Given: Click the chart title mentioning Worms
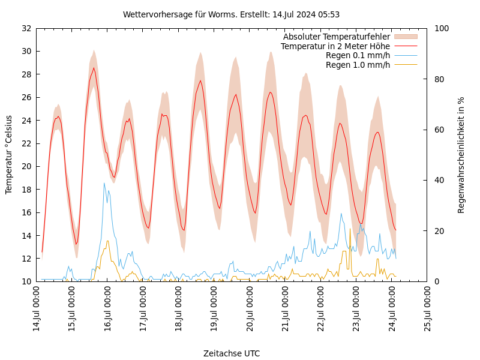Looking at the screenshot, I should coord(231,14).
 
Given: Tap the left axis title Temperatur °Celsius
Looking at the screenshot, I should coord(9,155).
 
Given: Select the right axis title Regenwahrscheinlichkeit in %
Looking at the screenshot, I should coord(461,155).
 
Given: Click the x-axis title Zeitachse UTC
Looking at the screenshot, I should coord(232,353).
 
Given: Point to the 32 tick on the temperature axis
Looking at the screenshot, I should coord(26,28).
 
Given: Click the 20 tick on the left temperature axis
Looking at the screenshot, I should coord(26,166).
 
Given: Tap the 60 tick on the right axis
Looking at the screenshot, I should coord(439,130).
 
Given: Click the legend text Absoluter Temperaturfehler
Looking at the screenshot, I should coord(337,37).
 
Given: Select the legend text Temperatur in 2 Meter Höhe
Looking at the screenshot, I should coord(335,46).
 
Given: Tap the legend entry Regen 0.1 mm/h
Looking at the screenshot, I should coord(358,55).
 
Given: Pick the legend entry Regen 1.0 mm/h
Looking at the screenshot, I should coord(358,64).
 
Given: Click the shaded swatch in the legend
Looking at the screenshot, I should coord(405,37).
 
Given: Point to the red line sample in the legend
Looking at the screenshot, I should coord(405,46).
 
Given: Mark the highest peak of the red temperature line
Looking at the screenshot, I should coord(94,68).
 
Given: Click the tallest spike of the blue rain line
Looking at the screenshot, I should coord(104,183).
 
